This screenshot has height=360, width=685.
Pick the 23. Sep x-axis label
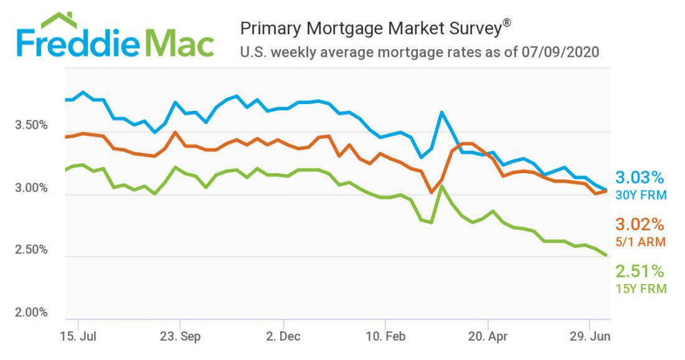pos(181,337)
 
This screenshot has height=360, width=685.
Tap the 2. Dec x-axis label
pos(283,337)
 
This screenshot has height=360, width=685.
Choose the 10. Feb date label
pos(386,337)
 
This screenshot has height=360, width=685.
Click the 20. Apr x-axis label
pos(489,337)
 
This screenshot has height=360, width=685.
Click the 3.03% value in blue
pos(640,178)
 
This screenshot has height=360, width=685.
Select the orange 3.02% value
pos(640,224)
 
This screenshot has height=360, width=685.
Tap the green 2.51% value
pos(640,271)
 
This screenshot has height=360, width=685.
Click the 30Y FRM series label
pos(641,195)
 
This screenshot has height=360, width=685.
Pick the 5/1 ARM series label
pos(640,242)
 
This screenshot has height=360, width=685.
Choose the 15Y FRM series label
pos(641,288)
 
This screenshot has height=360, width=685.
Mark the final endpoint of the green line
pos(605,255)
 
